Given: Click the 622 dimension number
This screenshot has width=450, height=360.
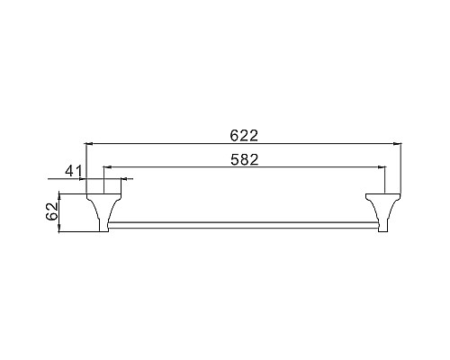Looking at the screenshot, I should click(244, 136).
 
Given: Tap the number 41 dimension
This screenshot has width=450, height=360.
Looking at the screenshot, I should click(74, 170).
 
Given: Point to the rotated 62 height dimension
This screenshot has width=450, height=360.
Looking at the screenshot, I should click(51, 213).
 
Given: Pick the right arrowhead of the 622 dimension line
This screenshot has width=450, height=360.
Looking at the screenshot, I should click(397, 144).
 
